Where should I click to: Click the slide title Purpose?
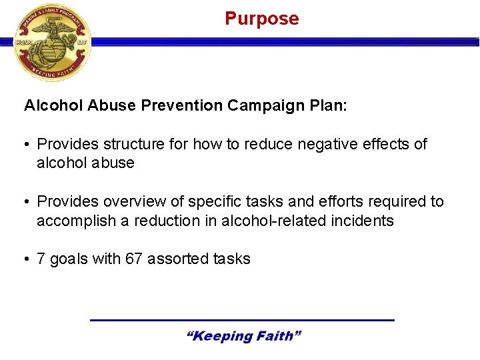pyautogui.click(x=262, y=19)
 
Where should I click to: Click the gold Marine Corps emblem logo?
pyautogui.click(x=51, y=43)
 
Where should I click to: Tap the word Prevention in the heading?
pyautogui.click(x=191, y=106)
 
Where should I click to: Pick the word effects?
pyautogui.click(x=385, y=144)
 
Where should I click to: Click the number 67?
pyautogui.click(x=133, y=259)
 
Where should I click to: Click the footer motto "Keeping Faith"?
pyautogui.click(x=243, y=336)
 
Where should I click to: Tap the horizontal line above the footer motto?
pyautogui.click(x=242, y=321)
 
